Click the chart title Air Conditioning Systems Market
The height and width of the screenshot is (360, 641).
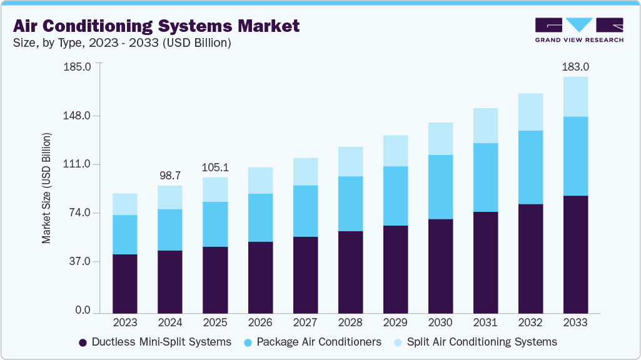[x=156, y=26]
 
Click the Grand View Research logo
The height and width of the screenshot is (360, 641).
[x=579, y=29]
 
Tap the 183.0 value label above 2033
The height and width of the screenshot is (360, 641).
[x=575, y=66]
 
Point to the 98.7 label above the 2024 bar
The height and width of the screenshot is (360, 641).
[x=170, y=174]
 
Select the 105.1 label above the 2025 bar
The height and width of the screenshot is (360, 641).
[x=215, y=167]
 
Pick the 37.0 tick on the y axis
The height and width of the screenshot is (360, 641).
[x=79, y=261]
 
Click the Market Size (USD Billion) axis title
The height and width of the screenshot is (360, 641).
[x=46, y=188]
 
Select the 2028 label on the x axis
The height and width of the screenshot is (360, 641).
[x=350, y=322]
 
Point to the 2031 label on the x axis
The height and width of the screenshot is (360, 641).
[x=485, y=322]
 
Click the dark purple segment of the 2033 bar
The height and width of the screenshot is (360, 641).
[x=575, y=254]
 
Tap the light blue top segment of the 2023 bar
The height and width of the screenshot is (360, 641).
[x=125, y=204]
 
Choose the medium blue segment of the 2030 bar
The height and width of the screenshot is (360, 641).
[x=440, y=187]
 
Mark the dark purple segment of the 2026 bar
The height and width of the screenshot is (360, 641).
[x=260, y=277]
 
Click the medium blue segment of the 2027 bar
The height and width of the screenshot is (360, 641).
[x=305, y=211]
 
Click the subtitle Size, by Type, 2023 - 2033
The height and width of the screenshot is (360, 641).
[x=123, y=43]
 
